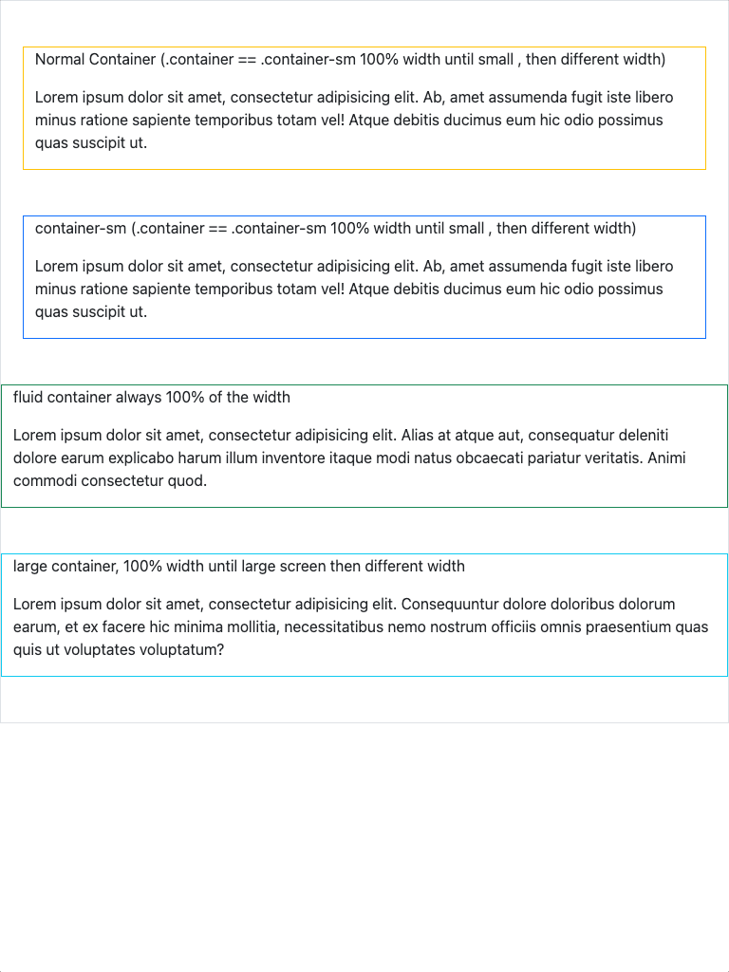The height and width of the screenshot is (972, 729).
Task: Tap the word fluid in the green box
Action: click(x=28, y=397)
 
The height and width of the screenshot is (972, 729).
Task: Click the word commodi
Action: click(x=47, y=480)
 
